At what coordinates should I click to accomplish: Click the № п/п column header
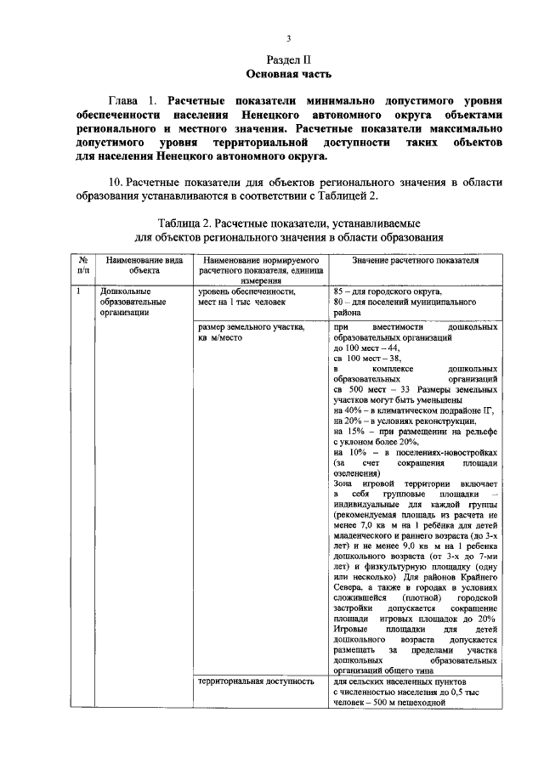tap(83, 263)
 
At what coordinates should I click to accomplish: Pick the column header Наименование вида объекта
tap(139, 263)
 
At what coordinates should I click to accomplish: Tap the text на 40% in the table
tap(348, 409)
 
